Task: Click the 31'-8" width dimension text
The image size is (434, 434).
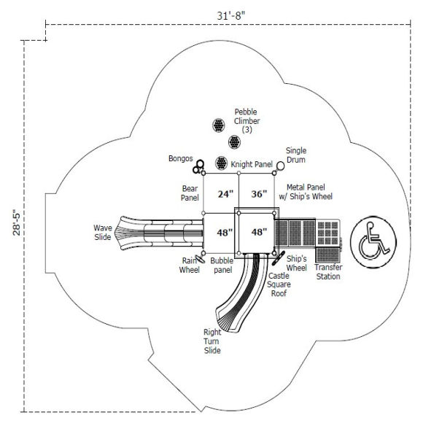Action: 230,16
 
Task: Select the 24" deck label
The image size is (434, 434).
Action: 225,194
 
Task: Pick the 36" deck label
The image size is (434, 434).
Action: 260,194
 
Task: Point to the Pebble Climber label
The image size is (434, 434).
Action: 247,120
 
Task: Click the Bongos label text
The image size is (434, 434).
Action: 180,158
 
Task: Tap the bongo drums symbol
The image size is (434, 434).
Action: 198,166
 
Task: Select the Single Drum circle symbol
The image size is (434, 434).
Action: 280,166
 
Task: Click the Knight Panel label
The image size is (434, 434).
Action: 252,164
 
